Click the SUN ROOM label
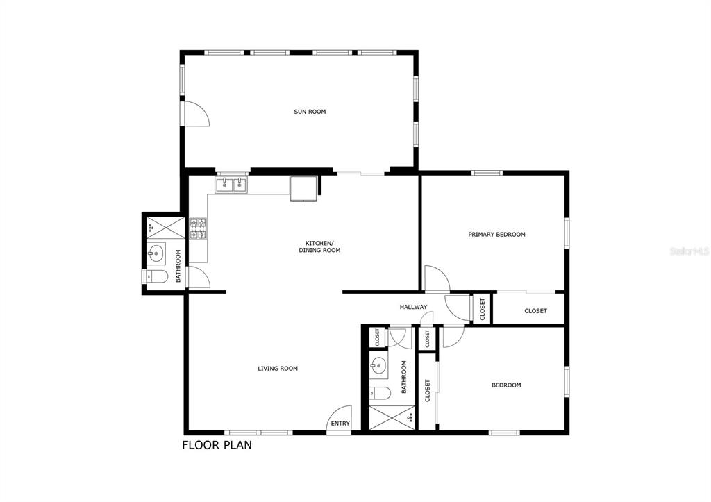coord(310,112)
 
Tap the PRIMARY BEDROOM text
coord(496,235)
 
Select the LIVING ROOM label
coord(278,369)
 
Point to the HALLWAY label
coord(413,307)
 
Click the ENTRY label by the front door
coord(340,424)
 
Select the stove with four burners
coord(199,229)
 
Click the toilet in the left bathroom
coord(156,276)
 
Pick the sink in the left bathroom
coord(156,253)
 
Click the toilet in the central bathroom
coord(379,393)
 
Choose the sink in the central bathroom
coord(378,364)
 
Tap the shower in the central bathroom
coord(391,417)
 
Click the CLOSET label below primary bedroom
coord(535,311)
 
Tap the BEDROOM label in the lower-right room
coord(506,385)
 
